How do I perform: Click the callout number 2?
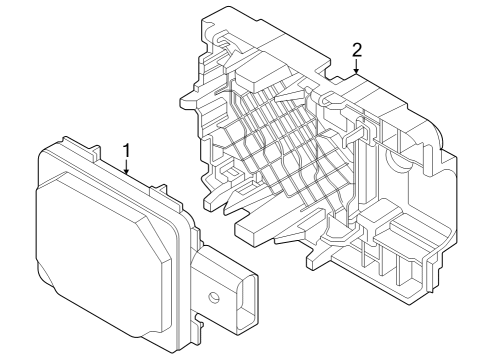click(358, 49)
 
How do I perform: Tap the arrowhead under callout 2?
click(358, 71)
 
